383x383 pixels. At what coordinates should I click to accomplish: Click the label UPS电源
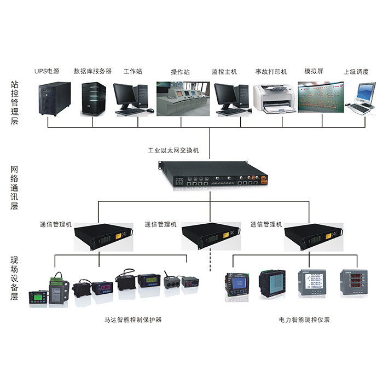coord(48,72)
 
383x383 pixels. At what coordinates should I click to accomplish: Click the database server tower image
coord(93,99)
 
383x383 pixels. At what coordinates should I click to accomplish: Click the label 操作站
coord(180,72)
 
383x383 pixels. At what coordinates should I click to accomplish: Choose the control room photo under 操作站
coord(180,98)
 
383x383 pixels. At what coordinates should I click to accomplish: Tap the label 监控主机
coord(224,72)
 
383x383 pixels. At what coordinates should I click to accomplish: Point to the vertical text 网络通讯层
coord(15,189)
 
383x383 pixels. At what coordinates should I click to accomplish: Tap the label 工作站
coord(133,72)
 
